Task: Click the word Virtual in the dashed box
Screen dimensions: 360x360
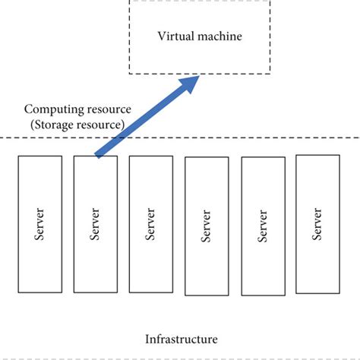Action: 175,36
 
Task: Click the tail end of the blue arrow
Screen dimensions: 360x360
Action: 97,155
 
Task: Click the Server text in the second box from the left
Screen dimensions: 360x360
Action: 95,224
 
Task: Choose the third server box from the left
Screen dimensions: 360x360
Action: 150,224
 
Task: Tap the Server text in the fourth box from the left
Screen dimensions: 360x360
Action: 207,226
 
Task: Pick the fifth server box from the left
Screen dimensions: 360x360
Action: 262,226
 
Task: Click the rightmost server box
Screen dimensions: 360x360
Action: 317,224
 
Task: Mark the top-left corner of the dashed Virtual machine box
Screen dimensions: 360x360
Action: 130,2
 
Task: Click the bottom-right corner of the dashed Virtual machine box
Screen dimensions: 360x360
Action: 270,73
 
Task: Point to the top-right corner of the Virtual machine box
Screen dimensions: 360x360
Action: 270,2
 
